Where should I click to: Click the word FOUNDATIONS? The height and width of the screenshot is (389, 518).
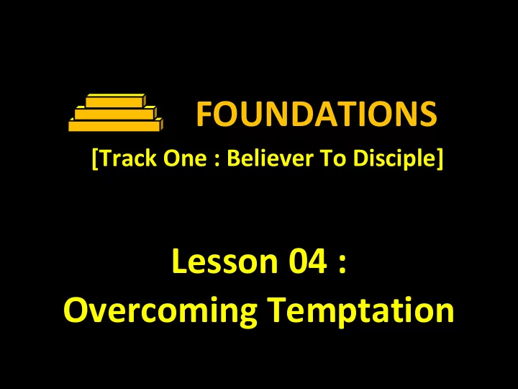point(317,114)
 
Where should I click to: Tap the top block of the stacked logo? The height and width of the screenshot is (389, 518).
point(116,101)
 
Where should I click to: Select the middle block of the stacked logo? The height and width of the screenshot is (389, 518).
point(116,113)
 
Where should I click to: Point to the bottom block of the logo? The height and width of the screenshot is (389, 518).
point(116,125)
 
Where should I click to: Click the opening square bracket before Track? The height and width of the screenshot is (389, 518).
point(95,159)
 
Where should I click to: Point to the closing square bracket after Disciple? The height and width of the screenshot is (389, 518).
point(440,159)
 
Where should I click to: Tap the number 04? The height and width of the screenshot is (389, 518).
point(308,261)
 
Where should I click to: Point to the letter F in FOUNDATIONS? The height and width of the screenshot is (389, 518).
point(204,114)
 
